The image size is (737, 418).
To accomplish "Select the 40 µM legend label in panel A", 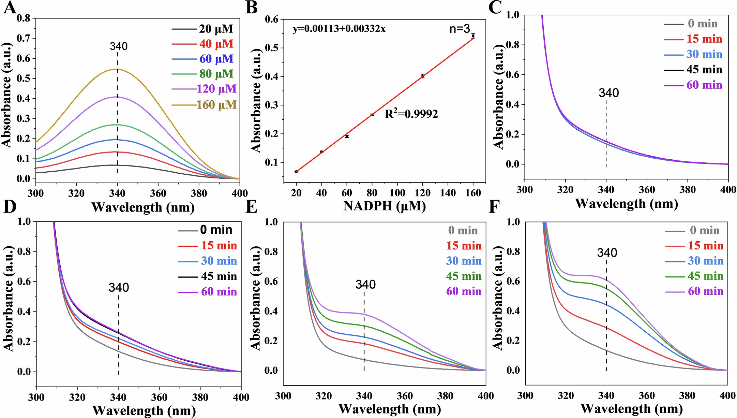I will (216, 44).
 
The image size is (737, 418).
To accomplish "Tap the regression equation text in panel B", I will (339, 29).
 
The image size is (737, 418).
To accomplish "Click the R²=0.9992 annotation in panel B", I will (411, 114).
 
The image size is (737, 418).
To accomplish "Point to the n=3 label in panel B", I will (460, 29).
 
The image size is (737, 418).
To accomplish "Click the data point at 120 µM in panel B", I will (423, 76).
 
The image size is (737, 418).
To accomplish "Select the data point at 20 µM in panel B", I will (296, 171).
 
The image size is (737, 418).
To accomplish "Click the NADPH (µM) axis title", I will (384, 206).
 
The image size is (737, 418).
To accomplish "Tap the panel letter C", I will (495, 8).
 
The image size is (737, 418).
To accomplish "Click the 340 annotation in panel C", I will (608, 93).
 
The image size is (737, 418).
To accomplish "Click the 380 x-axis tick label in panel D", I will (200, 397).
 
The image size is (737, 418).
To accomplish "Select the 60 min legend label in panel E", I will (464, 291).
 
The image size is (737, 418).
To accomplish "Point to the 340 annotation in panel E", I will (365, 284).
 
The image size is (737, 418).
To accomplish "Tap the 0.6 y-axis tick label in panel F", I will (513, 281).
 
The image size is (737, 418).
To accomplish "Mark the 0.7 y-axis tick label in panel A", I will (24, 38).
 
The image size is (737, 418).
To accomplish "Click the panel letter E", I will (251, 207).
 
